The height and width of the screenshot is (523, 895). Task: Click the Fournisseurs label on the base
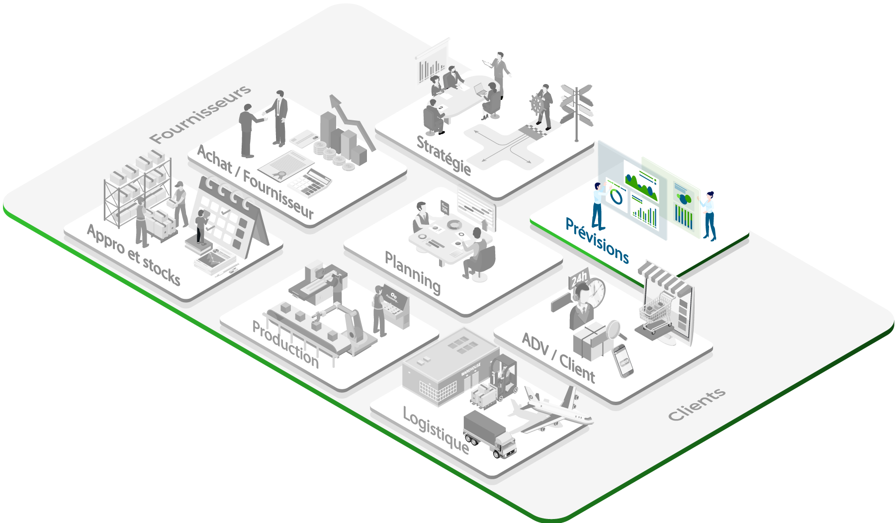tap(200, 114)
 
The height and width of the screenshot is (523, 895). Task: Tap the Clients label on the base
tap(696, 404)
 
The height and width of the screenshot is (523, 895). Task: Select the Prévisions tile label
tap(597, 241)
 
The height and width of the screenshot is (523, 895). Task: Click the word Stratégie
tap(444, 155)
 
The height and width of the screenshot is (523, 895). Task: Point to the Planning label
tap(413, 273)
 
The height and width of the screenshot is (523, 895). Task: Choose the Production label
tap(285, 344)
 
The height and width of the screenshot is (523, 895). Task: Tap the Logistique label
tap(436, 431)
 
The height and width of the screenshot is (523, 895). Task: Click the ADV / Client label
tap(558, 357)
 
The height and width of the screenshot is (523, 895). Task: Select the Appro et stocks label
tap(133, 255)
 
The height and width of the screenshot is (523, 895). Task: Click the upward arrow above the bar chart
tap(351, 119)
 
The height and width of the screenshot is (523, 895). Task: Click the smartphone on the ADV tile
tap(623, 360)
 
